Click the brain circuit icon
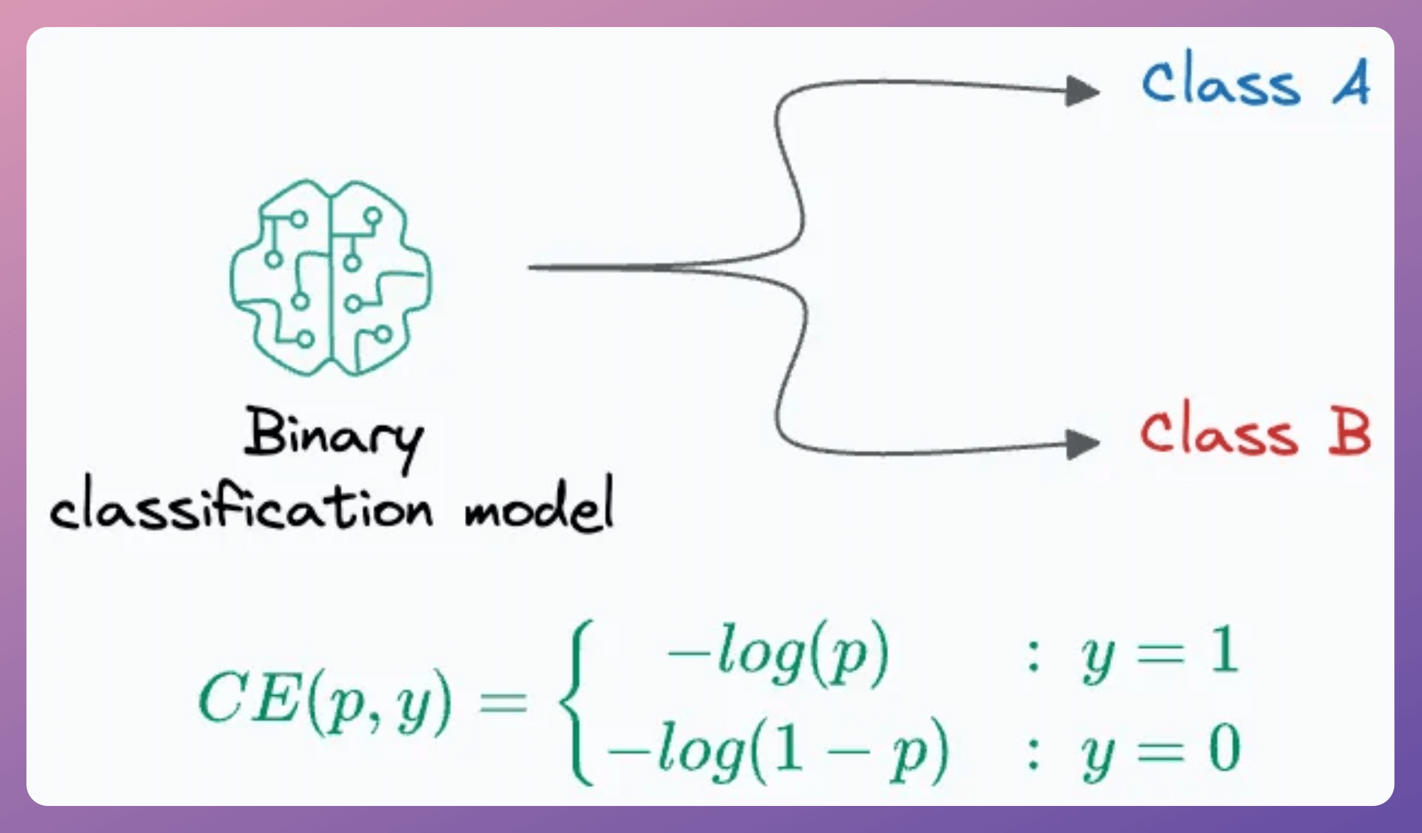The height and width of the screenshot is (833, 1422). click(330, 277)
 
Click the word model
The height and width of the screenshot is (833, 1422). click(539, 506)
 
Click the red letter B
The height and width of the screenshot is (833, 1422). click(1349, 433)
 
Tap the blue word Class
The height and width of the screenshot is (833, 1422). click(1221, 82)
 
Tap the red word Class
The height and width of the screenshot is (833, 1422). click(1219, 433)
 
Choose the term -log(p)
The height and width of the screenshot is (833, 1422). click(777, 654)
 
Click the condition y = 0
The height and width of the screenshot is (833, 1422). click(1160, 751)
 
